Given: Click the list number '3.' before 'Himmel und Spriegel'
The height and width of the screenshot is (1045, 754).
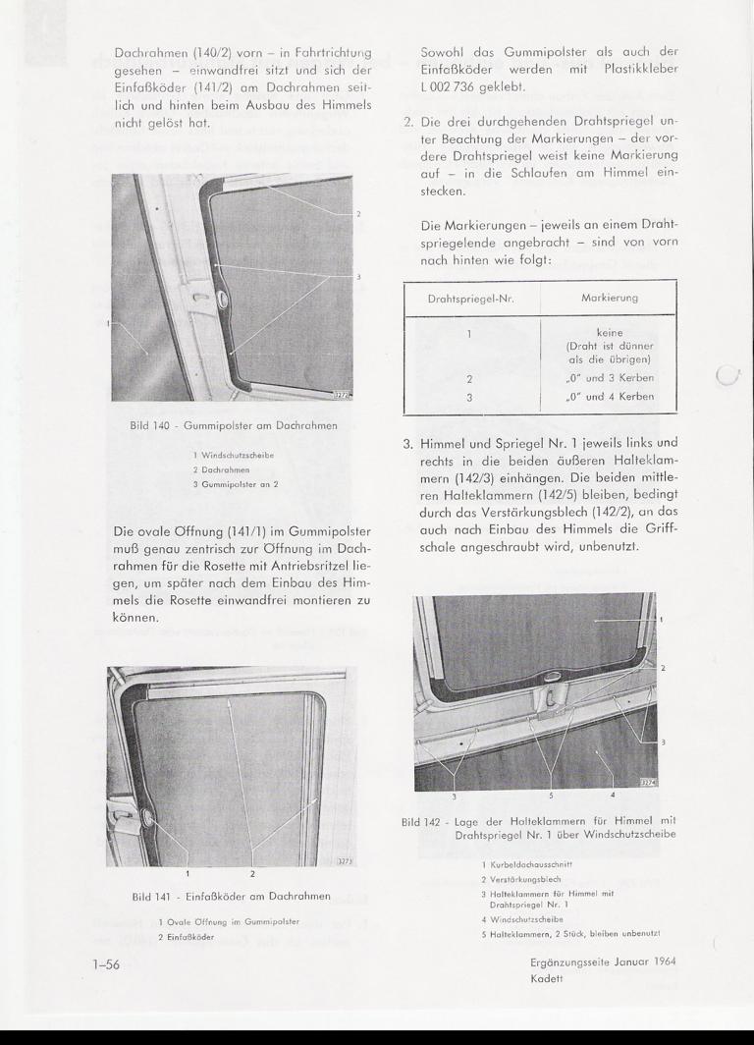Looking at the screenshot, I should tap(409, 442).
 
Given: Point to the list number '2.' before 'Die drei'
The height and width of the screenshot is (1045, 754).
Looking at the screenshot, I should tap(409, 125).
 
